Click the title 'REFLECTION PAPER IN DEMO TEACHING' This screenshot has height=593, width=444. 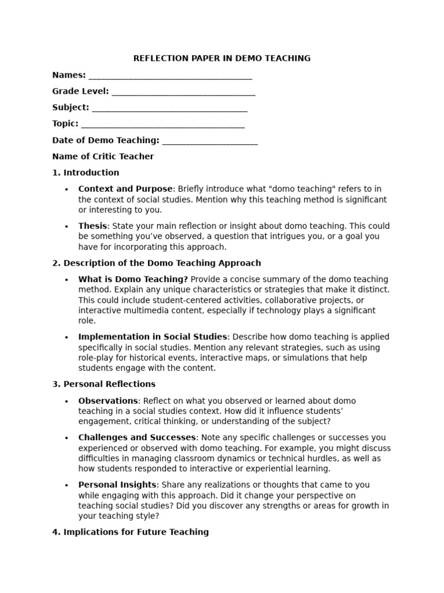(222, 58)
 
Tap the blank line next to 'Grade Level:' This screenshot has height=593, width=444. (183, 92)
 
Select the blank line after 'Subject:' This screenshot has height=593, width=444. (169, 108)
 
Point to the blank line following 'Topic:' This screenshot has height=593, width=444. (163, 125)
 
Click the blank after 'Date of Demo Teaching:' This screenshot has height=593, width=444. (210, 141)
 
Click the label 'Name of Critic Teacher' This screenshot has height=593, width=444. (103, 156)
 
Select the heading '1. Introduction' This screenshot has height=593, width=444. (86, 173)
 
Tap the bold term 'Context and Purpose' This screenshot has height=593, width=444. (125, 189)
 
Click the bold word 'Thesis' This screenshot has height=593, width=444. (92, 226)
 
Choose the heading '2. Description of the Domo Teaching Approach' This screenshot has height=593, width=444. (157, 263)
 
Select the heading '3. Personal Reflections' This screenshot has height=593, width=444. (104, 384)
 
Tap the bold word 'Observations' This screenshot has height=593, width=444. (108, 401)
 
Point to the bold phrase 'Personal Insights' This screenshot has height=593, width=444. (117, 485)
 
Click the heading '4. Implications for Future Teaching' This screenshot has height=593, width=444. (131, 532)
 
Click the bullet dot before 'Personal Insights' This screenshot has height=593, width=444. (66, 485)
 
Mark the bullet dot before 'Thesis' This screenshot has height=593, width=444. (66, 226)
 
